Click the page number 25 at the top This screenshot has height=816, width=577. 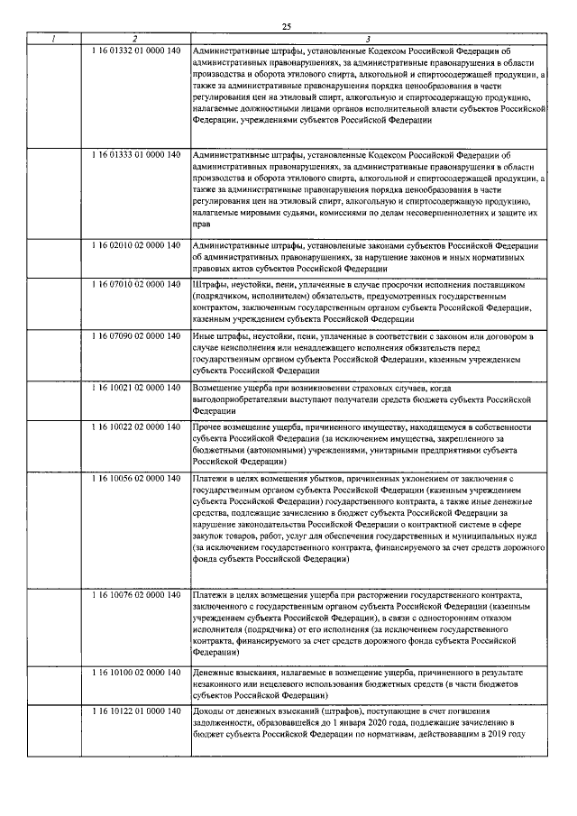click(288, 26)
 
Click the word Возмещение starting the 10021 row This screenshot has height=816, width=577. click(219, 387)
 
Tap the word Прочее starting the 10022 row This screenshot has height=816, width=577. click(209, 426)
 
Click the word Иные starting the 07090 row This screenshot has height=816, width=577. click(204, 336)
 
